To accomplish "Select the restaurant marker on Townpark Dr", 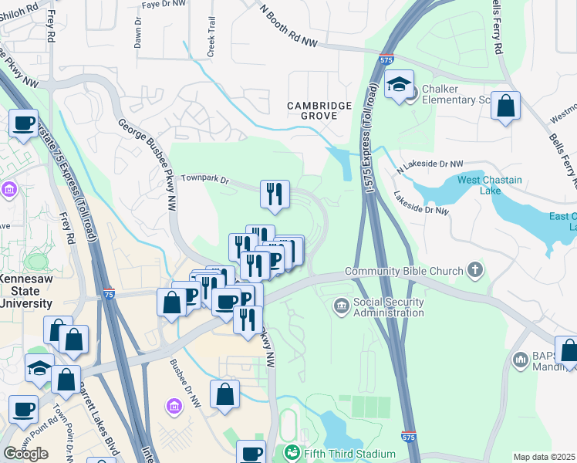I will (x=275, y=194).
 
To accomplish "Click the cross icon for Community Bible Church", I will (x=476, y=270).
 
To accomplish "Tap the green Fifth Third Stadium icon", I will (x=292, y=452).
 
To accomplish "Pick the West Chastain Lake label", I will (x=490, y=185).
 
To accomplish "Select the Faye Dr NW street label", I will (x=164, y=5).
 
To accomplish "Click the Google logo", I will (x=25, y=454).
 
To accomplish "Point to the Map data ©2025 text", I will (x=544, y=457).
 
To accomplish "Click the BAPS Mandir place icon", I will (x=520, y=360).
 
